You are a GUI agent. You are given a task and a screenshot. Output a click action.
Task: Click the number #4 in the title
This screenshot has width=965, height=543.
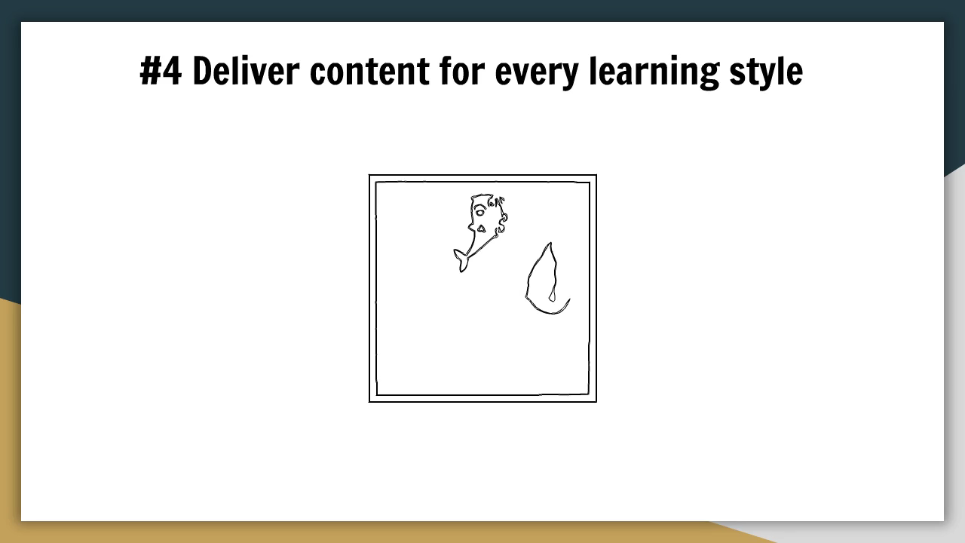tap(161, 71)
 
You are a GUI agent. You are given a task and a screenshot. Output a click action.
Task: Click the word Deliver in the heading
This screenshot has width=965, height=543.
tap(246, 70)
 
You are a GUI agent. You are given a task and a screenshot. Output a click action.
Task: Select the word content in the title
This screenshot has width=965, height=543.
tap(369, 71)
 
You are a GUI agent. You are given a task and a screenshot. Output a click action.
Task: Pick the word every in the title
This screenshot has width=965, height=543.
tap(537, 74)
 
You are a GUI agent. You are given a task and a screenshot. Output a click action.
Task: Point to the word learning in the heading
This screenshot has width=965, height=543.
tap(654, 73)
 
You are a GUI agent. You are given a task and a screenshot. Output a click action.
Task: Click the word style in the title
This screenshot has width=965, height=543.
tap(766, 73)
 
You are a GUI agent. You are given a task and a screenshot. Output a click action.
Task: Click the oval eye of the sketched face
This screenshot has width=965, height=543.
tap(480, 212)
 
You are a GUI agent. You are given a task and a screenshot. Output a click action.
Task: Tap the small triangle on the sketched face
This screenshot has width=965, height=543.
tap(481, 229)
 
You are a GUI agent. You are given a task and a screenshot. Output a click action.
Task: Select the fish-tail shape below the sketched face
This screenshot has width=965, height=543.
tap(461, 260)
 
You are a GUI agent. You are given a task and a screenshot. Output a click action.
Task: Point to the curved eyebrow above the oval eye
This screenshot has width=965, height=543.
tap(479, 207)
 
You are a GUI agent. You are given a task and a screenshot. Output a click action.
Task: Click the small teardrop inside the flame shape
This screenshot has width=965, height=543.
tap(552, 296)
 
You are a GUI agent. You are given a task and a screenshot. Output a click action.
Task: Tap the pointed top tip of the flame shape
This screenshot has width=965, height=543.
tap(550, 243)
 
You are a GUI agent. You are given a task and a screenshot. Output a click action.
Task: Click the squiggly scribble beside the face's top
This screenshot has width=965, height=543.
tap(496, 201)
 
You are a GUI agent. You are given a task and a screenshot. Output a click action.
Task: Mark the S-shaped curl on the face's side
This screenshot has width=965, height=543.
tap(502, 223)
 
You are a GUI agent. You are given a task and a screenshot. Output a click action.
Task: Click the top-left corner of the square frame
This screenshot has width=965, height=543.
tap(369, 175)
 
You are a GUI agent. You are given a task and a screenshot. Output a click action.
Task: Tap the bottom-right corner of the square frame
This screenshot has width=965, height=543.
tap(596, 402)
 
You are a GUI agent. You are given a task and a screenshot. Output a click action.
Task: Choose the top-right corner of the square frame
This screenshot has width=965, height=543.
tap(596, 175)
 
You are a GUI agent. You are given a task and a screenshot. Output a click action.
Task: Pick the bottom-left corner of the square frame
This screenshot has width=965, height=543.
tap(369, 402)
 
